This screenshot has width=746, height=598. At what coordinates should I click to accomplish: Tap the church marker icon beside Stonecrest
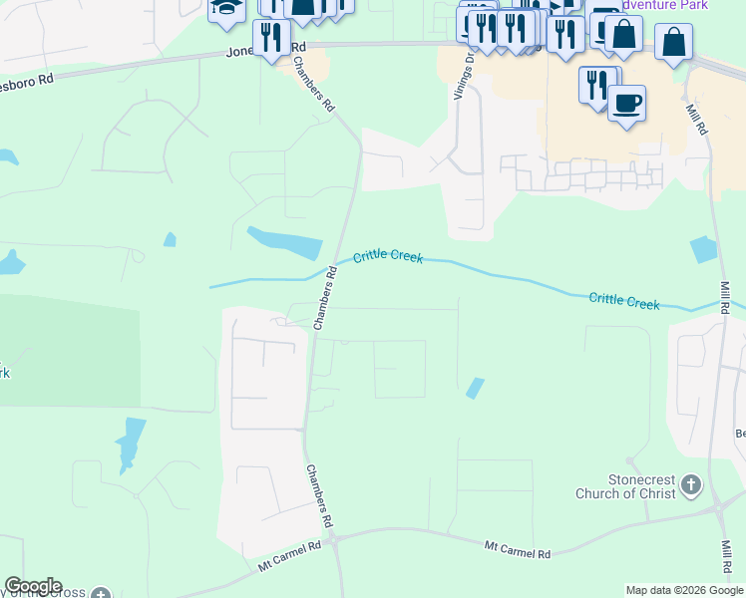coord(692,485)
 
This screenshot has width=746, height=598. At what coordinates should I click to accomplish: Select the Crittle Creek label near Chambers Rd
coord(388,257)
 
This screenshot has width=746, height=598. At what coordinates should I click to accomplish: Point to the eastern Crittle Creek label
coord(624,300)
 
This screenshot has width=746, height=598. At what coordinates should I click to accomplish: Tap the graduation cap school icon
coord(226,9)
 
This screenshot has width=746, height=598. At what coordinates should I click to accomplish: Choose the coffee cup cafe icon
coord(626,103)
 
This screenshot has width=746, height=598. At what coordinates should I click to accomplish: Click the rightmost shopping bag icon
coord(674,42)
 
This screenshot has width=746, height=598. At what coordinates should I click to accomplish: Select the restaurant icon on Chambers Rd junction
coord(272,38)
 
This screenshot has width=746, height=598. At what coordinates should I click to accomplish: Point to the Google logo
coord(33,586)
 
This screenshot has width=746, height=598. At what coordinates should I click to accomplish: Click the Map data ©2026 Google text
coord(683,590)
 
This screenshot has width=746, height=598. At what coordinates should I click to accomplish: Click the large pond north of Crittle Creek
coord(285,242)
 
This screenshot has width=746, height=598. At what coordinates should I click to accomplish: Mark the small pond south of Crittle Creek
coord(475,388)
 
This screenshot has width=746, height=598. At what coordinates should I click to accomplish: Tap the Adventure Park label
coord(664,5)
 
